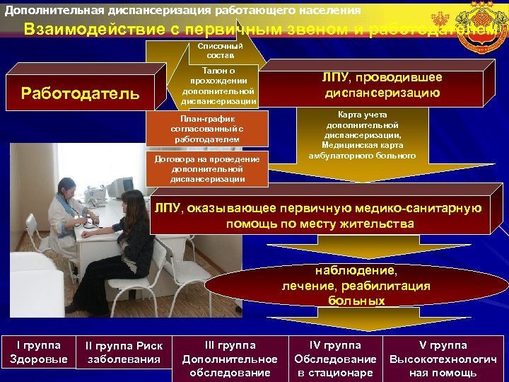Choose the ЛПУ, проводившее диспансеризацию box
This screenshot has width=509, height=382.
click(382, 86)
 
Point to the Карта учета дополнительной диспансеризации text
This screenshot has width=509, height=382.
click(363, 135)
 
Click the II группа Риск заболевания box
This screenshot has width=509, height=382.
click(124, 352)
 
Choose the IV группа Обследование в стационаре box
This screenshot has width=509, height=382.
click(335, 359)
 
